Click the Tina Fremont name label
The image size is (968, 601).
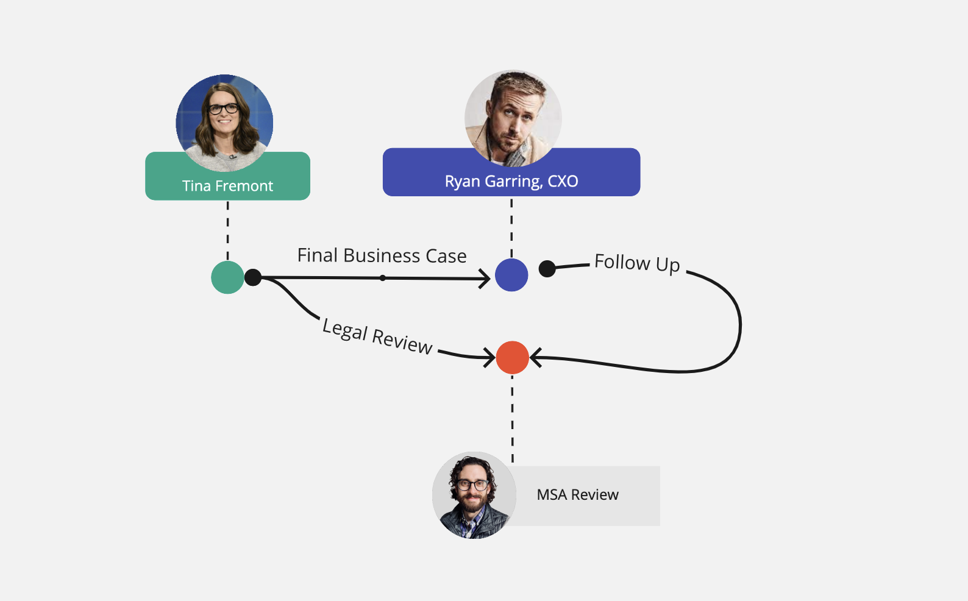[227, 186]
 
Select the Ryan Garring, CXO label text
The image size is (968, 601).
[511, 182]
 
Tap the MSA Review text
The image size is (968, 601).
[577, 495]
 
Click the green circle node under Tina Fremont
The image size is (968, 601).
[227, 278]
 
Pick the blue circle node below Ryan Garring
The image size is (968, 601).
[511, 275]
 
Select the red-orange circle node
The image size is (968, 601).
[512, 358]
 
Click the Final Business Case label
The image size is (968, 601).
[382, 255]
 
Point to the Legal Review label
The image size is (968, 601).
[377, 336]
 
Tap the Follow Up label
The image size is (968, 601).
[637, 263]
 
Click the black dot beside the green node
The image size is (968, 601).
[253, 278]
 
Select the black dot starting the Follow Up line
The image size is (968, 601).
[547, 268]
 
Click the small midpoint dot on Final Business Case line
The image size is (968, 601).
[383, 278]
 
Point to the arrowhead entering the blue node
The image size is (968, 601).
[485, 279]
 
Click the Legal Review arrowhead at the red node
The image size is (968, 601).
[489, 357]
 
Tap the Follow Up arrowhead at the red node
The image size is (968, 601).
[535, 357]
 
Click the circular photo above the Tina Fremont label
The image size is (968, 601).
[224, 122]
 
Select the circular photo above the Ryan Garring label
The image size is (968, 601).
[513, 117]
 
